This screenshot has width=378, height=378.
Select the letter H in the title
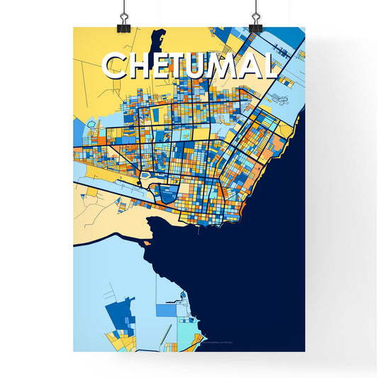coord(142,66)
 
